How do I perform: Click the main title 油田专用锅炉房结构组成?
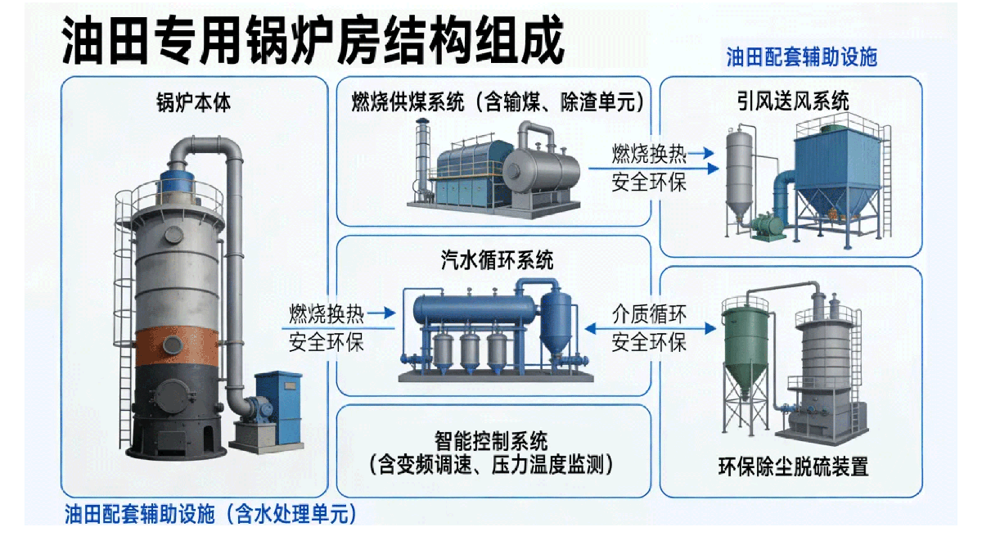coord(313,41)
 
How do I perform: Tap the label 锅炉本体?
coord(194,103)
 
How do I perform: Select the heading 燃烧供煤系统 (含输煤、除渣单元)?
coord(498,102)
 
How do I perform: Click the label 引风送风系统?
coord(793,101)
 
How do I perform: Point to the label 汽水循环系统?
coord(497,260)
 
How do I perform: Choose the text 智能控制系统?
coord(491,441)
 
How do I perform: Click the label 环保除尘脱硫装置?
coord(793,466)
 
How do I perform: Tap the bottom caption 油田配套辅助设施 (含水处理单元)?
coord(210,514)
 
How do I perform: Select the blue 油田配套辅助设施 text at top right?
coord(802,57)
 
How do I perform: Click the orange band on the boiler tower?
coord(177,346)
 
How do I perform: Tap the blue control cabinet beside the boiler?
coord(278,407)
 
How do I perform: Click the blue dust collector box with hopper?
coord(837,171)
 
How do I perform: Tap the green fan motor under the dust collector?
coord(768,225)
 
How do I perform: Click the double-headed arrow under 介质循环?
coord(651,328)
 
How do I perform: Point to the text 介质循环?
coord(649,314)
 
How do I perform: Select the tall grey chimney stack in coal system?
coord(422,158)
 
